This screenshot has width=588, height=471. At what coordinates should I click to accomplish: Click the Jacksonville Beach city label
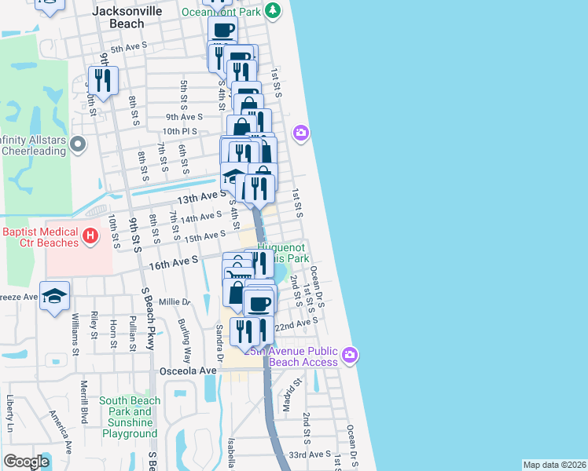(x=118, y=17)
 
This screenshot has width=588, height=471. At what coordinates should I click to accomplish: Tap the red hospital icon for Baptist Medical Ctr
(x=90, y=234)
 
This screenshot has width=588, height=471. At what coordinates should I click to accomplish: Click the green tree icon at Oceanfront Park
(x=272, y=11)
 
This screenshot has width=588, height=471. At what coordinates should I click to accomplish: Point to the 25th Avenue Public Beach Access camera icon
(x=350, y=355)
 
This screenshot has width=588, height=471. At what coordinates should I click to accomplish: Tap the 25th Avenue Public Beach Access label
(x=291, y=356)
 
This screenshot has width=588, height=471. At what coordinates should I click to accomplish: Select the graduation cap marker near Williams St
(x=55, y=296)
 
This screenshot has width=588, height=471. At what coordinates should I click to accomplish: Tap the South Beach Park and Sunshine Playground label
(x=130, y=417)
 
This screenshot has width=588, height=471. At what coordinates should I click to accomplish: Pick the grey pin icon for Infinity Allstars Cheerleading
(x=77, y=144)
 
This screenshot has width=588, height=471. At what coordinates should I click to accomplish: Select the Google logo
(x=27, y=461)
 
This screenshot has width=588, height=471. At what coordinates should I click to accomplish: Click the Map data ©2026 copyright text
(x=554, y=465)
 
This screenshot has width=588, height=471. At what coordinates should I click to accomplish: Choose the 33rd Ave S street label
(x=310, y=455)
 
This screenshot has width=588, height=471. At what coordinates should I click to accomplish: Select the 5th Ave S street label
(x=129, y=49)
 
